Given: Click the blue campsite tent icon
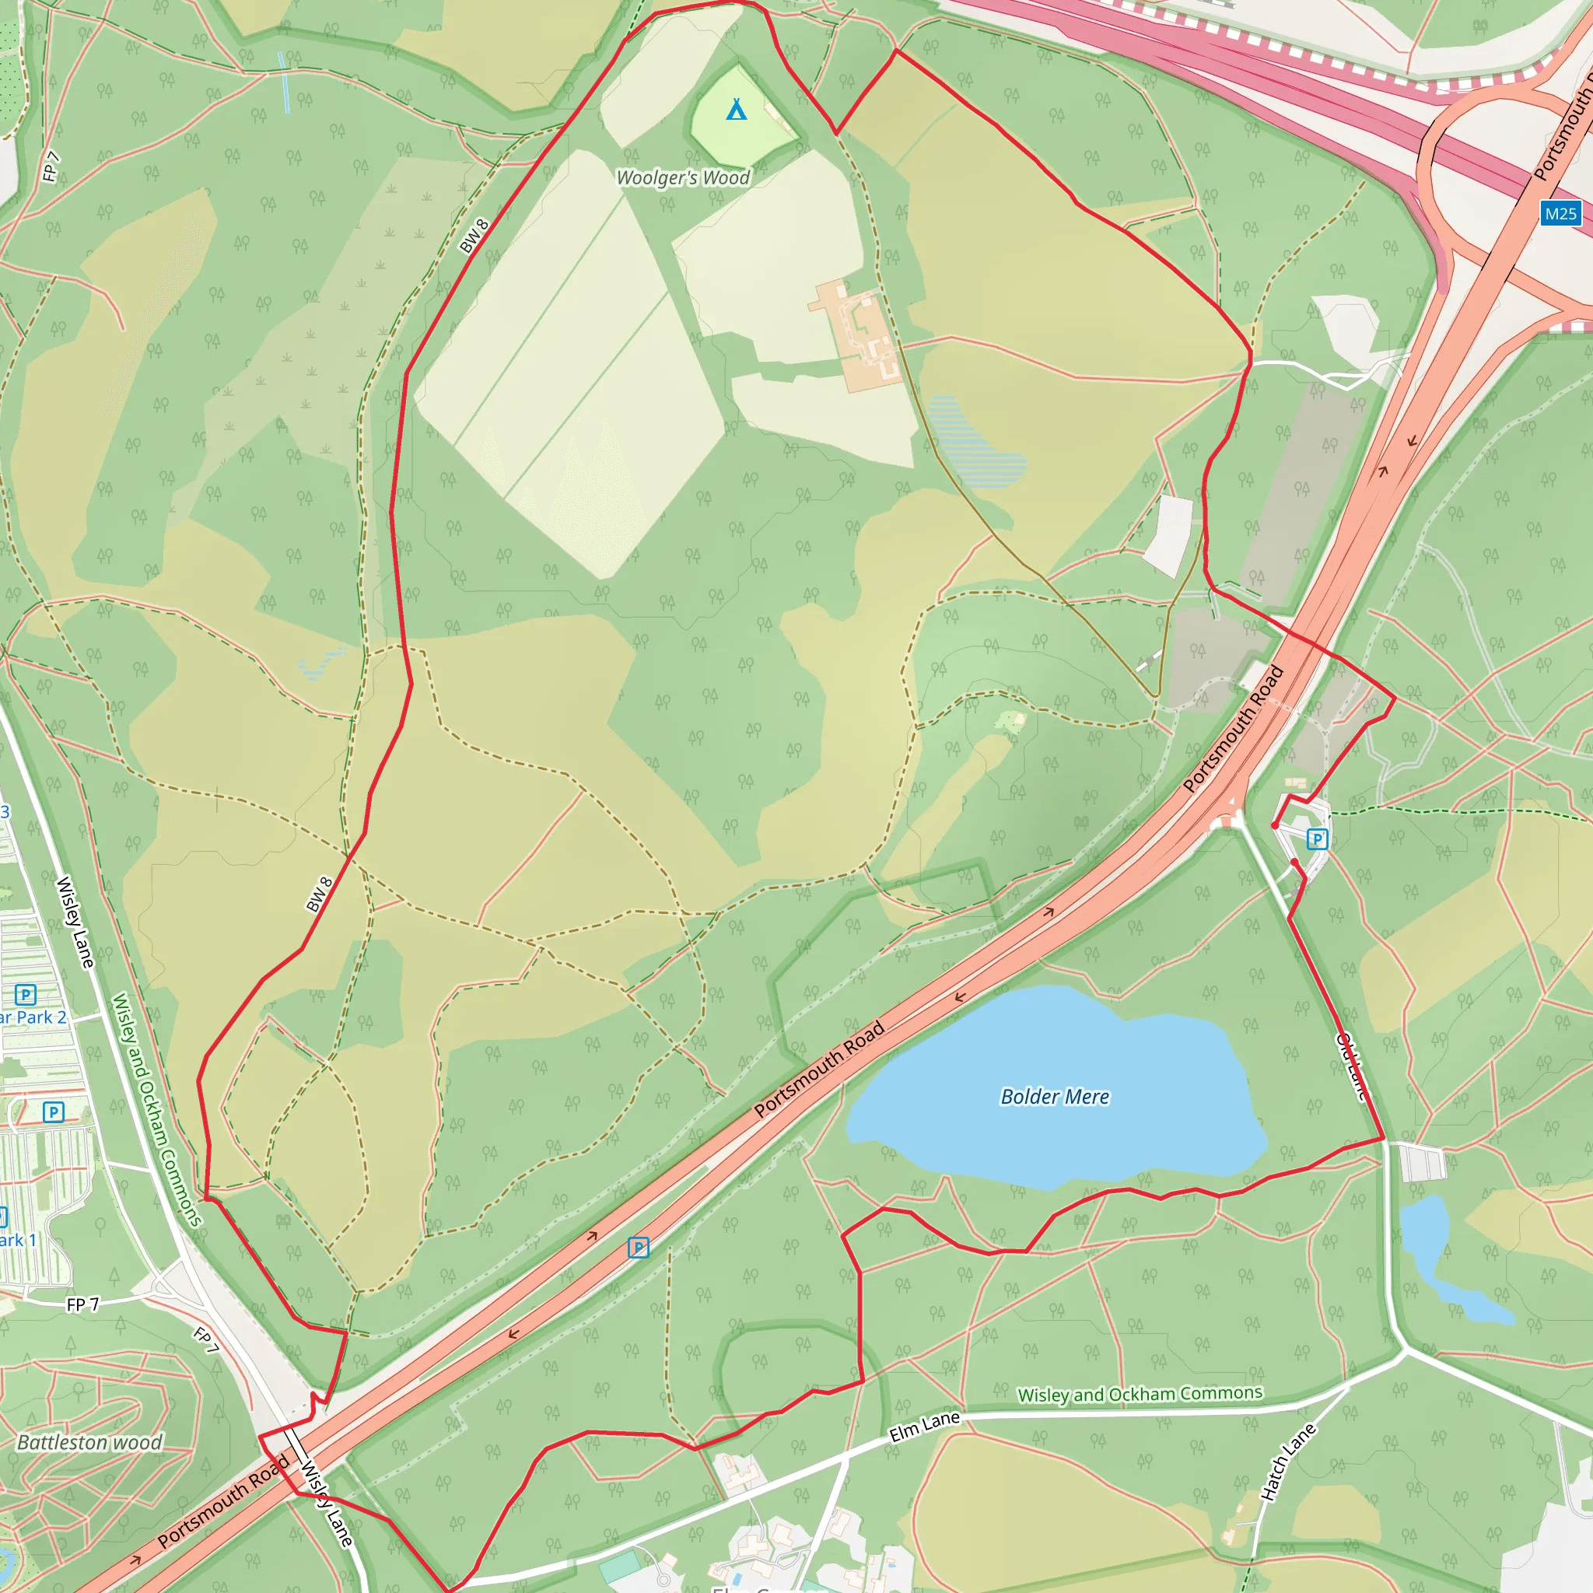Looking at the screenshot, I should coord(737,109).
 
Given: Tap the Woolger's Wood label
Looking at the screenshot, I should coord(683,177).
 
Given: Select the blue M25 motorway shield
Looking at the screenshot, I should coord(1560,214).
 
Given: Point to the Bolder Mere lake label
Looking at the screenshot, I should coord(1055,1097).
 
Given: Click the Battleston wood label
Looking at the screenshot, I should coord(89,1442).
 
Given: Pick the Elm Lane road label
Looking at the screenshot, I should coord(924,1426).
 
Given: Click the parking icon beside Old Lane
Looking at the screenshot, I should coord(1318,839).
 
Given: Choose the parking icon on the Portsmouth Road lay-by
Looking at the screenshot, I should coord(638,1248).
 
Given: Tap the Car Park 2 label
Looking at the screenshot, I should coord(33,1017).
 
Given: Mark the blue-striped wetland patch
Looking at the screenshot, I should coord(977,442).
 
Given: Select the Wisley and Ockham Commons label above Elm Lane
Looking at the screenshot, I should coord(1140,1393).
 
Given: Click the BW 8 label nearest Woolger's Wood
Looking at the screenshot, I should coord(474,236).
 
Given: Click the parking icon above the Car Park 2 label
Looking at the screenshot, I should coord(26,994).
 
